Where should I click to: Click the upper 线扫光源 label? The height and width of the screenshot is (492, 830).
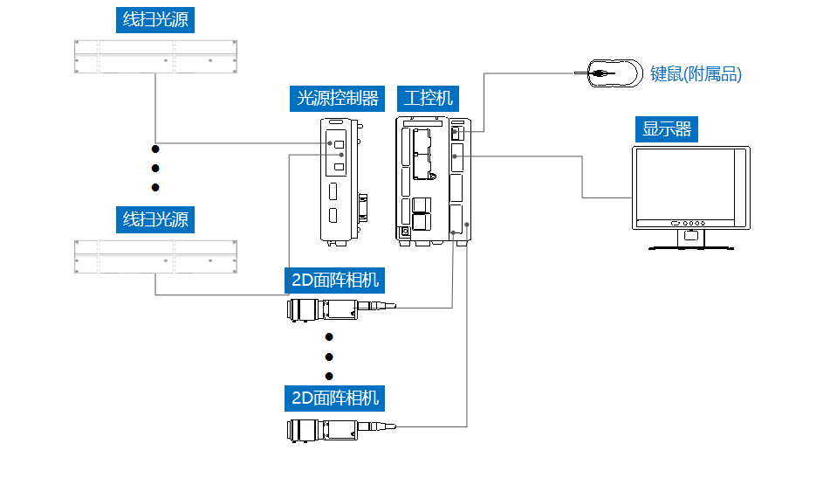pyautogui.click(x=155, y=20)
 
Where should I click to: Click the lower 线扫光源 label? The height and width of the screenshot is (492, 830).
pyautogui.click(x=155, y=218)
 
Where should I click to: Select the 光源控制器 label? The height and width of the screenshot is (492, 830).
pyautogui.click(x=338, y=98)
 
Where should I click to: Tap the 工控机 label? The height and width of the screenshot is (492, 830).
pyautogui.click(x=429, y=98)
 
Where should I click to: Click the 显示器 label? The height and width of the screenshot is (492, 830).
pyautogui.click(x=667, y=129)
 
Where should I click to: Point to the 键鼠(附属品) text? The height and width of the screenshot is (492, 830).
pyautogui.click(x=696, y=74)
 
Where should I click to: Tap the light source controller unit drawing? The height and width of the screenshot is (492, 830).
pyautogui.click(x=340, y=179)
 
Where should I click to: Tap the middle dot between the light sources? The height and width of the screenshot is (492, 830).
pyautogui.click(x=156, y=168)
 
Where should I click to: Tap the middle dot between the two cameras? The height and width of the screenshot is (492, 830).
pyautogui.click(x=329, y=357)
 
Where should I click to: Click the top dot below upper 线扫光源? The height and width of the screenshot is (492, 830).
pyautogui.click(x=156, y=149)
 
